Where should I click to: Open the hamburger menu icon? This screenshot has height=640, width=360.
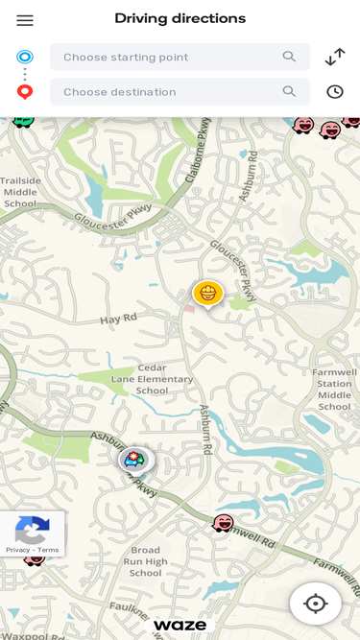pyautogui.click(x=25, y=20)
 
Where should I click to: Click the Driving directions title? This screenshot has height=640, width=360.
pyautogui.click(x=180, y=18)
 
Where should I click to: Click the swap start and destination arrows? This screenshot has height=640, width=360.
pyautogui.click(x=334, y=57)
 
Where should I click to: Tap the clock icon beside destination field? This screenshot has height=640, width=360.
pyautogui.click(x=334, y=92)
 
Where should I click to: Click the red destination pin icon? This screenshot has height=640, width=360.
pyautogui.click(x=25, y=92)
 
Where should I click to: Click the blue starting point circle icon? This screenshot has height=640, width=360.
pyautogui.click(x=25, y=57)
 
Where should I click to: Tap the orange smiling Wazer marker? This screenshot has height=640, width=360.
pyautogui.click(x=207, y=293)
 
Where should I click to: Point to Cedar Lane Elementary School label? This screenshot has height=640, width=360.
pyautogui.click(x=152, y=379)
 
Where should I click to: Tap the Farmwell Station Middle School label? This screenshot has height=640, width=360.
pyautogui.click(x=335, y=389)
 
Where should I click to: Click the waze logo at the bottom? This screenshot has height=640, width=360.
pyautogui.click(x=180, y=625)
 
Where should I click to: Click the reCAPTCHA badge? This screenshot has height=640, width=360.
pyautogui.click(x=32, y=533)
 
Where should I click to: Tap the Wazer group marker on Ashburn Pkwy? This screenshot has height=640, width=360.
pyautogui.click(x=136, y=460)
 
